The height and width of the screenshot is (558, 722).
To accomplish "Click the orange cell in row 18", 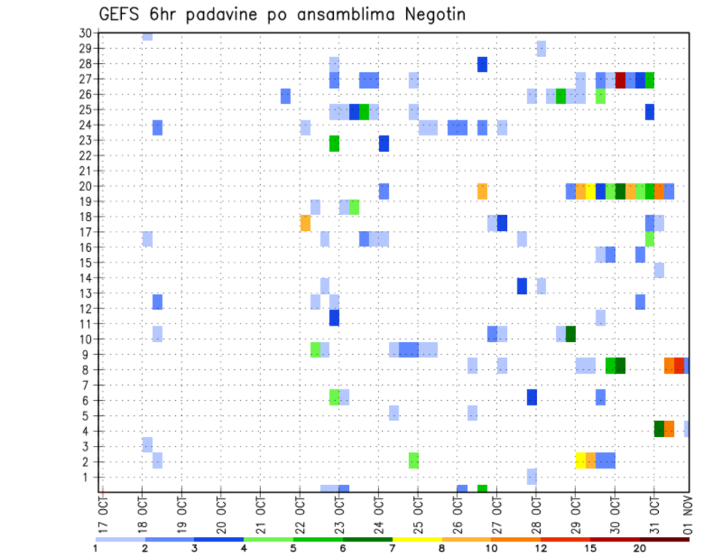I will tap(305, 223).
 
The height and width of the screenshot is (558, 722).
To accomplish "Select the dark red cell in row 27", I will tap(620, 80).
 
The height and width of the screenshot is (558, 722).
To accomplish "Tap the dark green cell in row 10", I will tap(571, 333).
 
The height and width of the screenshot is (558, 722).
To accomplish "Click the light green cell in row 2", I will tap(414, 460).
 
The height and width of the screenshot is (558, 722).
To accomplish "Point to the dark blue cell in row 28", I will tap(482, 65).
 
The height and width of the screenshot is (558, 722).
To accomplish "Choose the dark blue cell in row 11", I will tap(334, 317).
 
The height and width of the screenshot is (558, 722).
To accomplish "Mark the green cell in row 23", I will tap(334, 143).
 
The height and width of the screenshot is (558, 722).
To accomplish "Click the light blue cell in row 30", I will tap(147, 36).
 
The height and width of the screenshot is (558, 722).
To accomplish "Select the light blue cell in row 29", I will tap(541, 49).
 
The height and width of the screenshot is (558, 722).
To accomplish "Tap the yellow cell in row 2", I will tap(581, 460).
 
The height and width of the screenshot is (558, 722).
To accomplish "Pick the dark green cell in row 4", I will tap(660, 429).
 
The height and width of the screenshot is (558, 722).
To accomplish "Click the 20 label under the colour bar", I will tap(640, 548).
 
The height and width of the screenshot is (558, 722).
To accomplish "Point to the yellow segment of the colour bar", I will tap(417, 539).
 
